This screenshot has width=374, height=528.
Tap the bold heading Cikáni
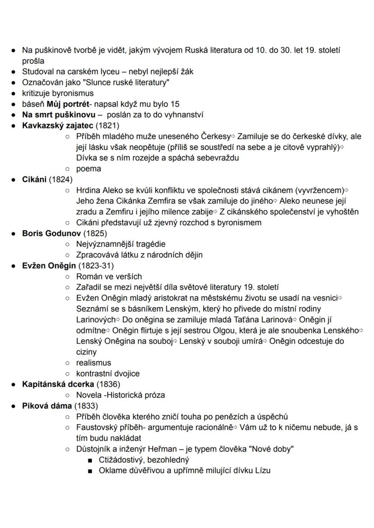click(34, 179)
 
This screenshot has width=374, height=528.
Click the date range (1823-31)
click(96, 266)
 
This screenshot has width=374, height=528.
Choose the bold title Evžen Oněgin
click(49, 266)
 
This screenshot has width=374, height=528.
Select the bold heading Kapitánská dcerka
click(58, 384)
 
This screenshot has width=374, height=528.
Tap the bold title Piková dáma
click(47, 406)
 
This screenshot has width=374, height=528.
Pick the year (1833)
click(86, 406)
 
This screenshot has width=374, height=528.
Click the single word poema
click(89, 168)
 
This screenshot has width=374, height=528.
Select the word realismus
click(93, 363)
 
